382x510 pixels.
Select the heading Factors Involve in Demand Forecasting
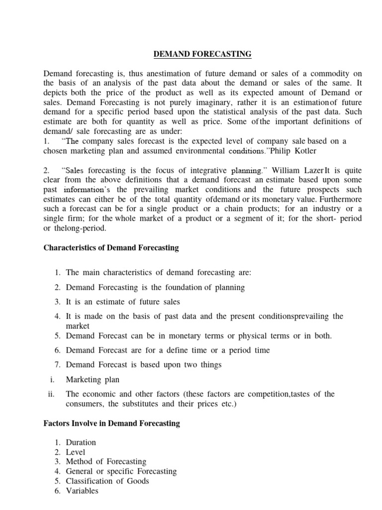[x=112, y=423]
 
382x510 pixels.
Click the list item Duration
[x=81, y=442]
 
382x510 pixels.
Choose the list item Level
[x=76, y=452]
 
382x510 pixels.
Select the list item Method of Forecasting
[x=106, y=462]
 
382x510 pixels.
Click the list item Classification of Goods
[x=107, y=481]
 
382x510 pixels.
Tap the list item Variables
[x=82, y=491]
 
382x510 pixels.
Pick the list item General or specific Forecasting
[x=121, y=472]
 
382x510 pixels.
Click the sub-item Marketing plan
[x=93, y=380]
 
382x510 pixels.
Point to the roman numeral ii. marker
[x=51, y=394]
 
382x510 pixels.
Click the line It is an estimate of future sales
[x=123, y=302]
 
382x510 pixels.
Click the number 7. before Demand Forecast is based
[x=58, y=365]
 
